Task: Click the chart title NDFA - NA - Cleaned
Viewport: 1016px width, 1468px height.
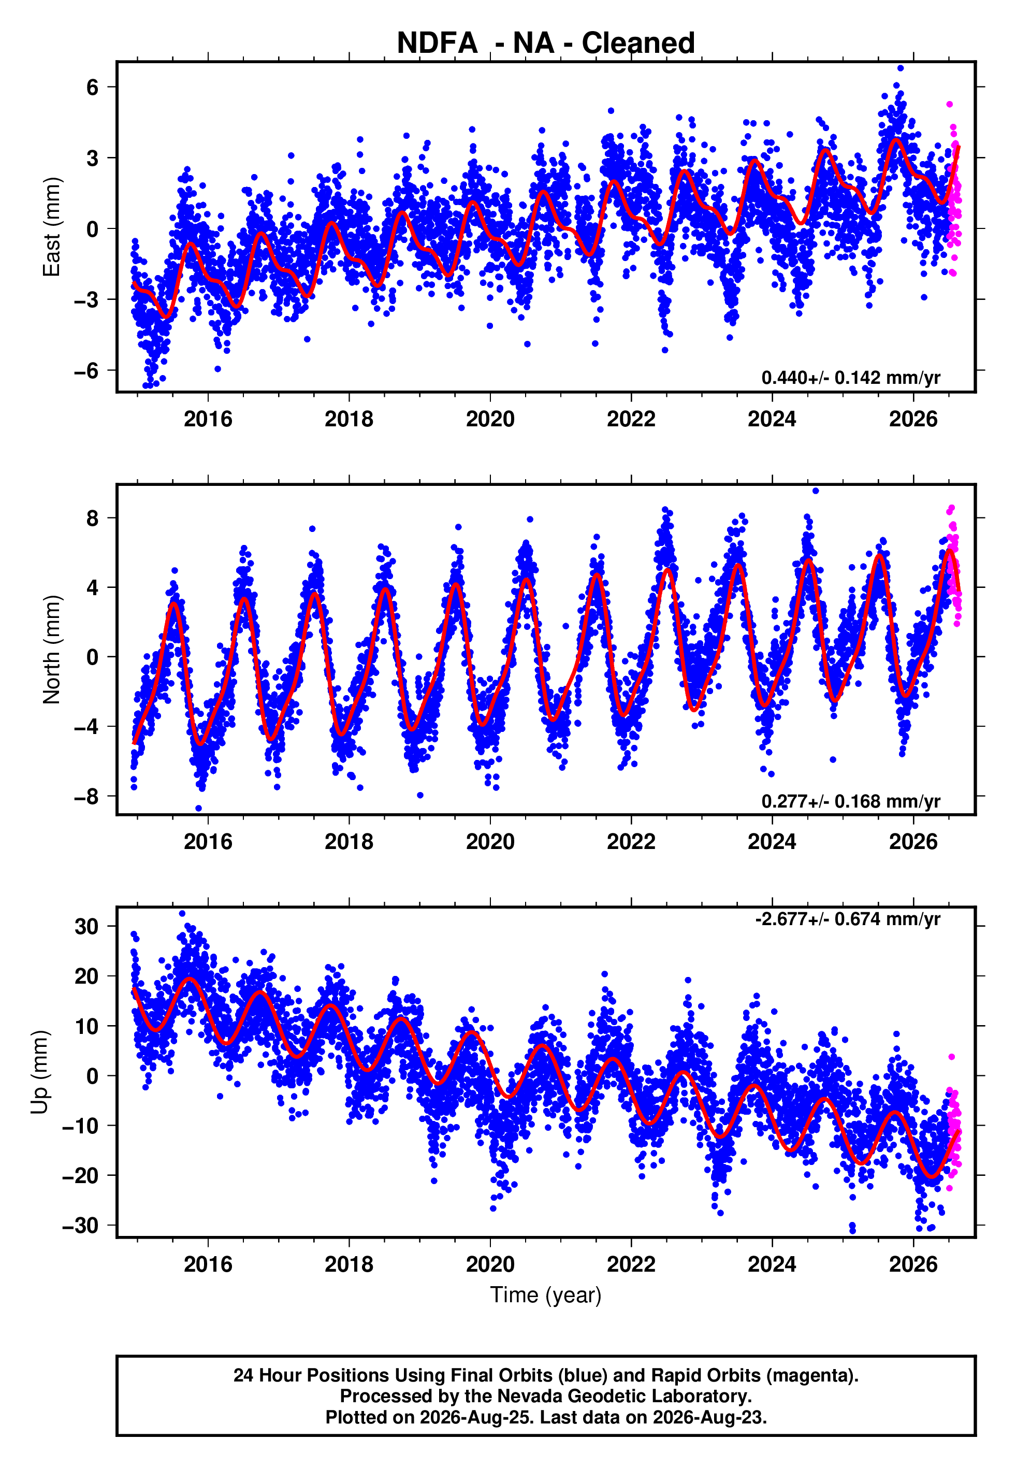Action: [x=546, y=44]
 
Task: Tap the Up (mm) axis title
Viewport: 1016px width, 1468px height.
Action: [x=39, y=1073]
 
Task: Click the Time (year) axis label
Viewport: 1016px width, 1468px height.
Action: [x=546, y=1295]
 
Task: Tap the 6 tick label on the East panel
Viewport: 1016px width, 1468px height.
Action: [x=93, y=87]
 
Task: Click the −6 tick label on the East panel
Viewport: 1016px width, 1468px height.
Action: [x=86, y=370]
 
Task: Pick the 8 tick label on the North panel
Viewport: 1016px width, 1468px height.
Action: [x=93, y=518]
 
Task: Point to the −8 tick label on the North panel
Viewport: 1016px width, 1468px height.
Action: [x=86, y=796]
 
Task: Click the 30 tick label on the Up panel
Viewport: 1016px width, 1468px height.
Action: [x=86, y=926]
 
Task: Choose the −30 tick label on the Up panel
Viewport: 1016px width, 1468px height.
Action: [x=80, y=1226]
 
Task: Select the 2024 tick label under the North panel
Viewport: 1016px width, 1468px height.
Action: [x=772, y=842]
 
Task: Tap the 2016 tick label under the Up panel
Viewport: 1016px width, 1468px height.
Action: [x=208, y=1264]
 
